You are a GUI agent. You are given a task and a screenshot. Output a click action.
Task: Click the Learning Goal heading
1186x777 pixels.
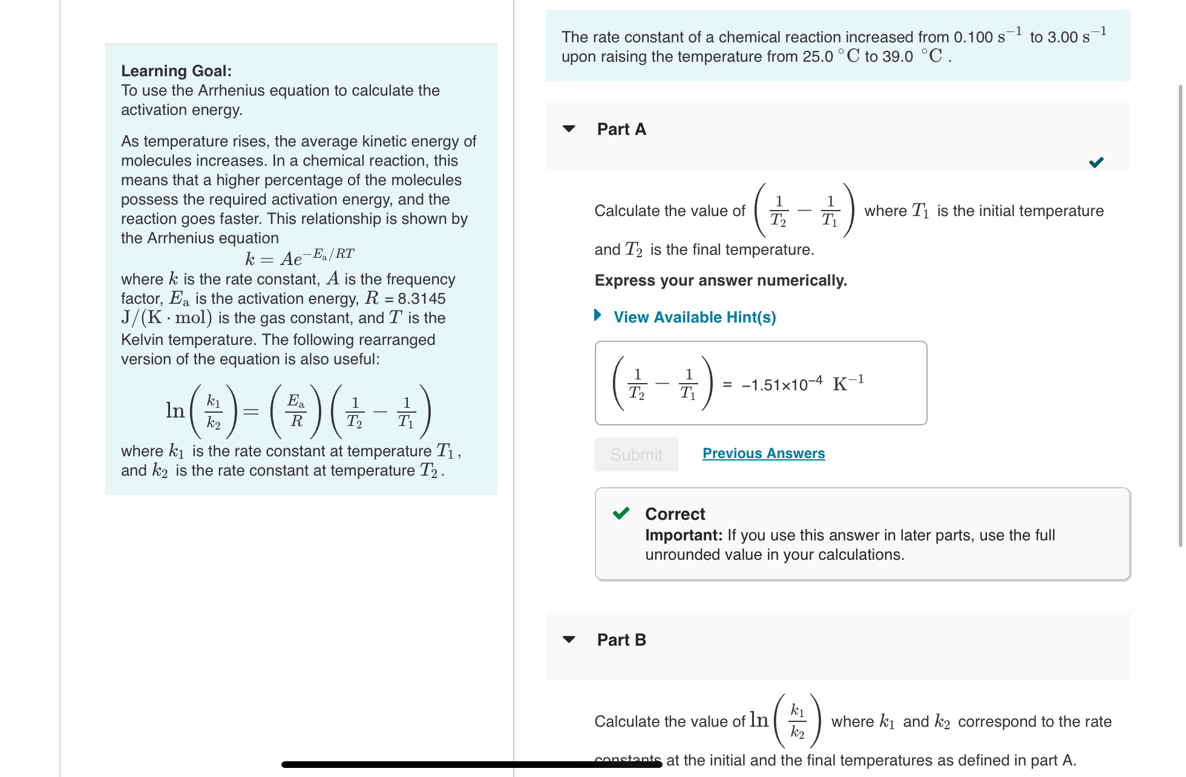pos(176,71)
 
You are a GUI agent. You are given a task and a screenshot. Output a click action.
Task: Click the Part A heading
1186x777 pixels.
pos(621,129)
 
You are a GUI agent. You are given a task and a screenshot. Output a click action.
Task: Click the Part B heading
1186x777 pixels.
pos(621,640)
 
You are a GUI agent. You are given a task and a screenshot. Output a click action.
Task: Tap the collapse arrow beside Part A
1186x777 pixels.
pos(569,129)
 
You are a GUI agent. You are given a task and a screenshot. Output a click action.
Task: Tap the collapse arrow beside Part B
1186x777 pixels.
pos(569,640)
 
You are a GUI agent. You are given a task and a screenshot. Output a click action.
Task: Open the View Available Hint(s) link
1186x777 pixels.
pos(694,317)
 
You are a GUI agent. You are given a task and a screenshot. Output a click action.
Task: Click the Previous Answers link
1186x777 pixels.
pos(764,453)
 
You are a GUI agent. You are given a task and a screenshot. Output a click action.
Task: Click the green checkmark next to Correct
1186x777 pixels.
pos(621,514)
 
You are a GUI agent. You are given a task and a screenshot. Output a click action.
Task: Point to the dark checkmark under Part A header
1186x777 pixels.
pos(1096,162)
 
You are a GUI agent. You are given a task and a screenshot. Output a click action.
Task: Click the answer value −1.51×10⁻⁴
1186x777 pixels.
pos(782,385)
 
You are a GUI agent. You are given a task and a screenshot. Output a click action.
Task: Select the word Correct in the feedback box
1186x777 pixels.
pos(675,514)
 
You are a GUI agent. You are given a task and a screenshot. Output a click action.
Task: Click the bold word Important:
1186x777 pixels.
pos(684,535)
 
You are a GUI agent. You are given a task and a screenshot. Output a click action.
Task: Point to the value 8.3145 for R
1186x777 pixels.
pos(421,298)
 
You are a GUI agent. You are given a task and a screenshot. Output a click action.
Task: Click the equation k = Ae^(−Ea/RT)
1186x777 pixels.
pos(300,258)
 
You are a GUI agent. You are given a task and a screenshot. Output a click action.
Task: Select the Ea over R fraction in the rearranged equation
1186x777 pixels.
pos(296,411)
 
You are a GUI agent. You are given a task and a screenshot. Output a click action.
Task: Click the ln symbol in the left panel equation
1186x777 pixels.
pos(175,411)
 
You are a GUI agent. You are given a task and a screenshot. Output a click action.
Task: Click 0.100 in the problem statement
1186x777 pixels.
pos(973,38)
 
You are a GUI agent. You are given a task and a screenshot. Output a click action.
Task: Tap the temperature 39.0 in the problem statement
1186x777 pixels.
pos(897,57)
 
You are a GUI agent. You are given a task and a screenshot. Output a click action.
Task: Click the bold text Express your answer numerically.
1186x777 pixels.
pos(721,280)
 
